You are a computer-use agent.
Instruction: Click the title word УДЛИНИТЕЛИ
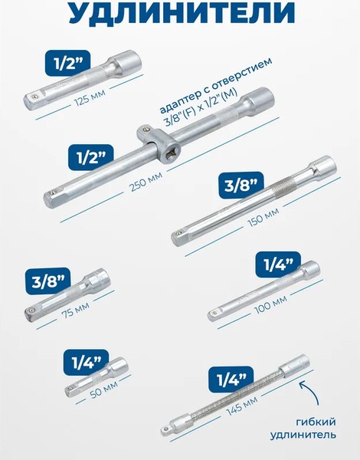coord(182,12)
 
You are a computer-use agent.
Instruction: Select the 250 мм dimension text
coord(146,182)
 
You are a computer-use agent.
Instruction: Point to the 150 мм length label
coord(263,218)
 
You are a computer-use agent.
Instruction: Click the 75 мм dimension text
coord(75,311)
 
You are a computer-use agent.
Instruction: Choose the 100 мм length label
coord(270,304)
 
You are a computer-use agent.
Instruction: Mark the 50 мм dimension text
coord(103,389)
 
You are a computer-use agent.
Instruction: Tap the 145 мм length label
coord(242,405)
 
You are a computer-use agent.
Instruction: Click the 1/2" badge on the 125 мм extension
coord(67,64)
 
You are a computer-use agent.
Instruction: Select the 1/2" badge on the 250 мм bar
coord(91,157)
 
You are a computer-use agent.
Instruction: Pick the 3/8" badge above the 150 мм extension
coord(241,185)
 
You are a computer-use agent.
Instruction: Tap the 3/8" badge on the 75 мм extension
coord(48,281)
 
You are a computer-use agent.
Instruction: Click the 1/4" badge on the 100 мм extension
coord(278,264)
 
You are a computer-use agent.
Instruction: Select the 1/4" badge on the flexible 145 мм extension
coord(231,379)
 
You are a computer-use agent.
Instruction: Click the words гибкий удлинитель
coord(303,429)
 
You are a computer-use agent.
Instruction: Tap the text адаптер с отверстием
coord(216,84)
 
